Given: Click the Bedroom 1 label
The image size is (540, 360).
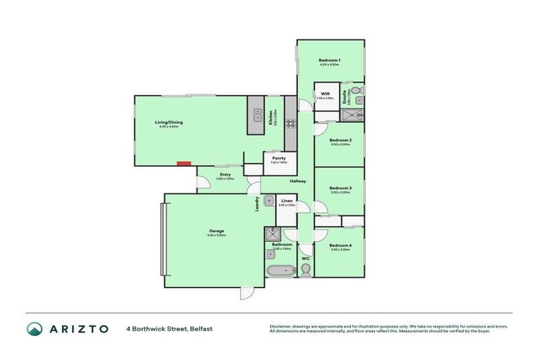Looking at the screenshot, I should [x=330, y=60].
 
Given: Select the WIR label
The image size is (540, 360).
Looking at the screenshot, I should [x=326, y=94].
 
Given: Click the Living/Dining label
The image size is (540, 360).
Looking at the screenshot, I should [x=169, y=122].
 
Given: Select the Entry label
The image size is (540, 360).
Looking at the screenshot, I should [x=225, y=174].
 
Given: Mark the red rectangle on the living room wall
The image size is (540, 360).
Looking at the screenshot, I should [x=184, y=164].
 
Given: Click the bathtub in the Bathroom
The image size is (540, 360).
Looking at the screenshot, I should [x=280, y=271].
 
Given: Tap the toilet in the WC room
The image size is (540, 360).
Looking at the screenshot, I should [x=305, y=269].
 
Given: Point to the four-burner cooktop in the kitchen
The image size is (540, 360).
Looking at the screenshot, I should [x=290, y=125].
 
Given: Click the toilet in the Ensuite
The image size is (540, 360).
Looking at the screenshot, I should [x=356, y=91].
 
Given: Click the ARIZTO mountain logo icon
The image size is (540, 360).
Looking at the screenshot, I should [x=34, y=328].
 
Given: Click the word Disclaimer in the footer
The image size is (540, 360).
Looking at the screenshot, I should [x=282, y=326].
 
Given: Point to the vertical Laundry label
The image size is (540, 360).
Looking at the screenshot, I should [x=257, y=203].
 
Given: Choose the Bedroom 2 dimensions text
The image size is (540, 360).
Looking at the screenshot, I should [x=340, y=144].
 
